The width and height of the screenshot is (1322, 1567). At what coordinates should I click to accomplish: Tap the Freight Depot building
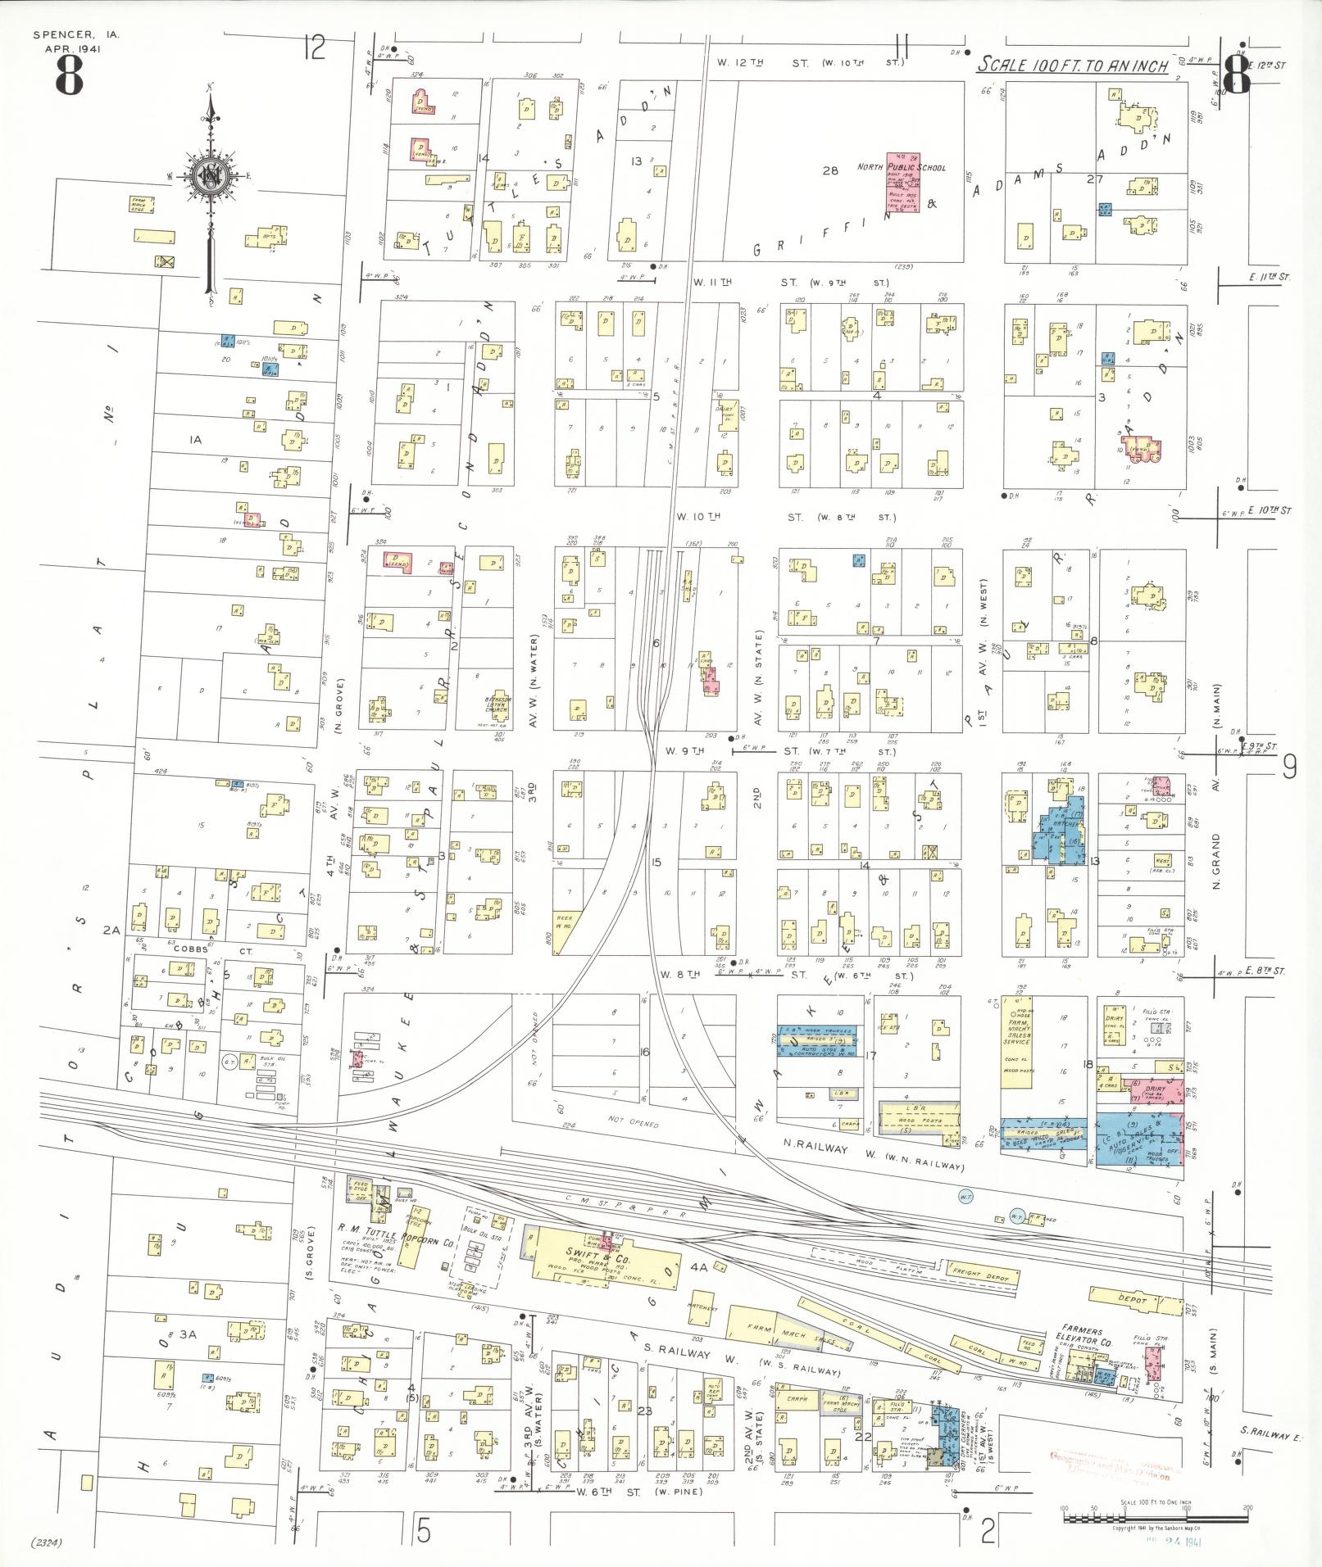[x=984, y=1296]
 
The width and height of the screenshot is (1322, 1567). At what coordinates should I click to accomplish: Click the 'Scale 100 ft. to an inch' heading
[x=1073, y=66]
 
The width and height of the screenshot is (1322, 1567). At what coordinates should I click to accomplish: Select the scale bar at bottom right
[x=1156, y=1518]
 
